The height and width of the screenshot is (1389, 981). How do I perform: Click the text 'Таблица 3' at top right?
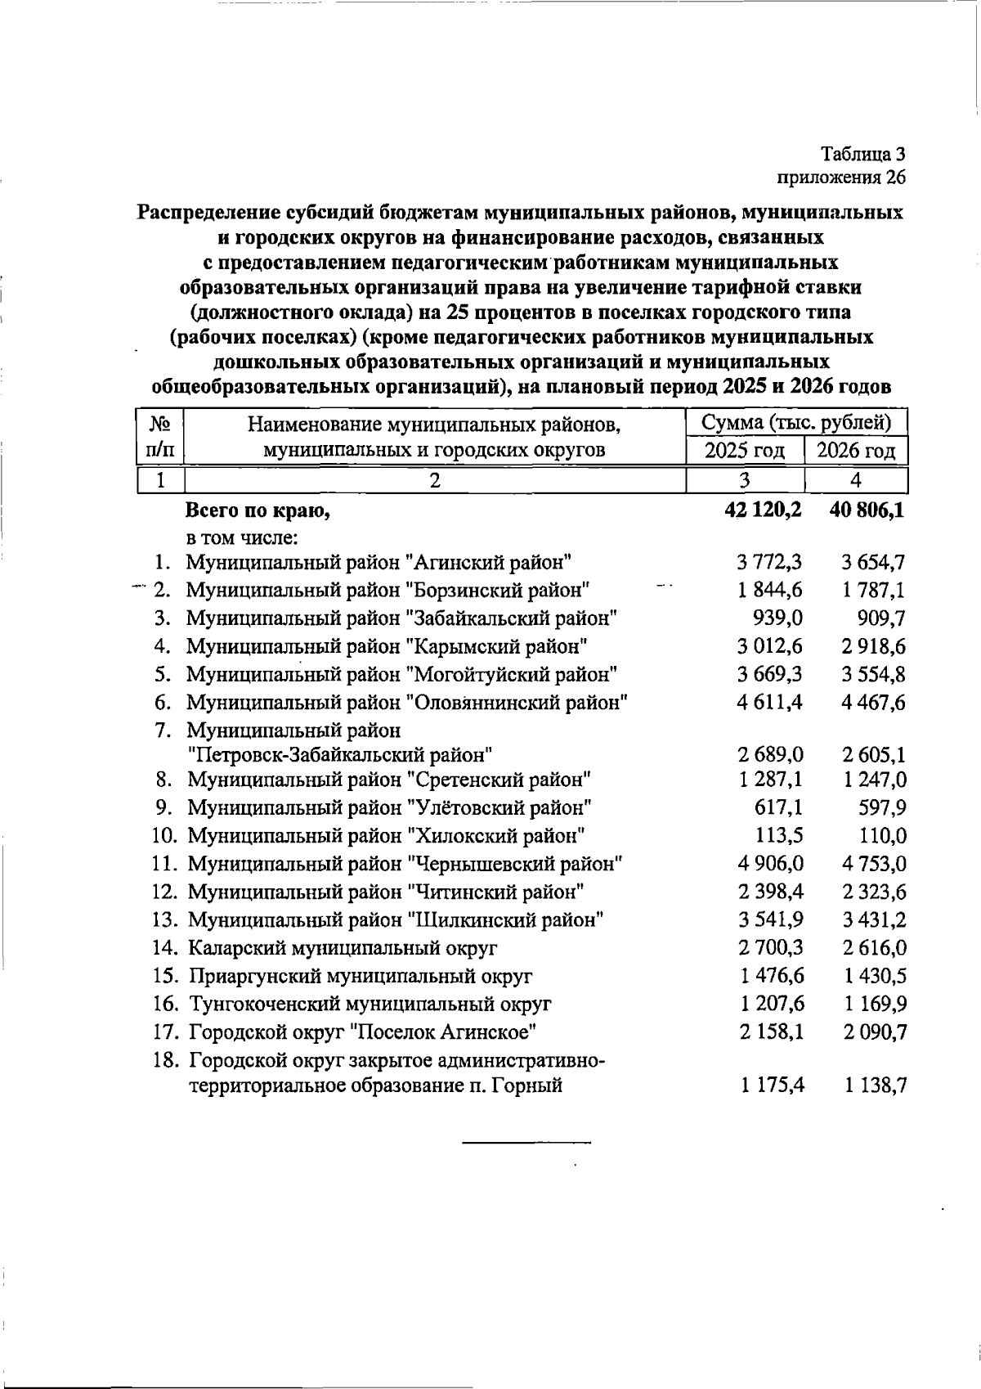(x=863, y=153)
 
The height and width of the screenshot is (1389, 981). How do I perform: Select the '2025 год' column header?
(x=744, y=450)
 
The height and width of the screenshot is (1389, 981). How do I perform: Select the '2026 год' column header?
(x=856, y=450)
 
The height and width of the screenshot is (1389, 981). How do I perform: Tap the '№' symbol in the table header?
(x=160, y=424)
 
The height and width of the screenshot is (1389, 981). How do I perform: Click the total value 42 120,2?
(x=762, y=510)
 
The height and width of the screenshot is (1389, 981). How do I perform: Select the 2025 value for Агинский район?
(x=769, y=562)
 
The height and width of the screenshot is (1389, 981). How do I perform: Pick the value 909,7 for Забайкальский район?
(x=878, y=618)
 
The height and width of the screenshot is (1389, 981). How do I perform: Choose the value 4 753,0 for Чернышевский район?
(x=872, y=864)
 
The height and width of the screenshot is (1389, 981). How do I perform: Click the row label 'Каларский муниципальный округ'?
(x=343, y=948)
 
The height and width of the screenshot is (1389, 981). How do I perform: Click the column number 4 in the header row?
(x=856, y=480)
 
